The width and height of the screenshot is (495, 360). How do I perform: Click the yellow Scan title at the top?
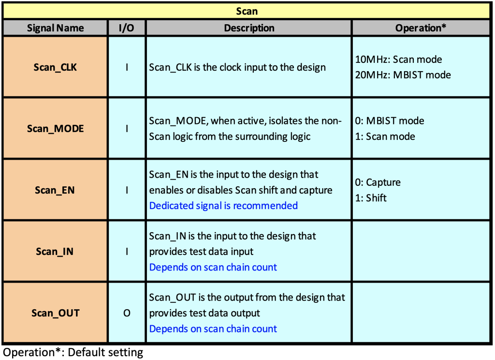(x=247, y=11)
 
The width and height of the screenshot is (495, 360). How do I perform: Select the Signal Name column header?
(x=55, y=28)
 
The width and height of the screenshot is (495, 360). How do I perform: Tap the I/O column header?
(x=126, y=28)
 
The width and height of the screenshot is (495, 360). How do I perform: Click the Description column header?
(x=249, y=28)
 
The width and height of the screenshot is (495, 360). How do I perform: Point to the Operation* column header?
(x=421, y=28)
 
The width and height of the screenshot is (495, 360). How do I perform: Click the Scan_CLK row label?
(x=55, y=67)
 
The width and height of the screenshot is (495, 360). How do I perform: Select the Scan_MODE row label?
(x=55, y=129)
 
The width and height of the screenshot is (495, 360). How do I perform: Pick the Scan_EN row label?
(x=55, y=190)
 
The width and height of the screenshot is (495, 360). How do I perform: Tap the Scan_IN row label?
(x=55, y=252)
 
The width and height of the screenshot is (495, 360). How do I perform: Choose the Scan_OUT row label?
(x=55, y=313)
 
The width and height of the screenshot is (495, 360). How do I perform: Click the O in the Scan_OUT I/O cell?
(x=127, y=313)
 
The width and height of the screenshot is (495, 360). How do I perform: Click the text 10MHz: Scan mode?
(x=398, y=60)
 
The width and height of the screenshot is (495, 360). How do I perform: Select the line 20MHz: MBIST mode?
(x=403, y=75)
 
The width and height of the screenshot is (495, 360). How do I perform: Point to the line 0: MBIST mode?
(x=390, y=121)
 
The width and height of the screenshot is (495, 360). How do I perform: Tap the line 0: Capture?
(x=378, y=182)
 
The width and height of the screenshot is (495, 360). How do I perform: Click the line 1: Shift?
(x=371, y=198)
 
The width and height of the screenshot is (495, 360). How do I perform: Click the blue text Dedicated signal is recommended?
(x=223, y=206)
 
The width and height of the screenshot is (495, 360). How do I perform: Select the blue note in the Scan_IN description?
(x=213, y=268)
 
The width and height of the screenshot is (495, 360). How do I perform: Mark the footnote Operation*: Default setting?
(x=73, y=352)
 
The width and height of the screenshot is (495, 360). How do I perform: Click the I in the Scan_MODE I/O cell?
(x=127, y=129)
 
